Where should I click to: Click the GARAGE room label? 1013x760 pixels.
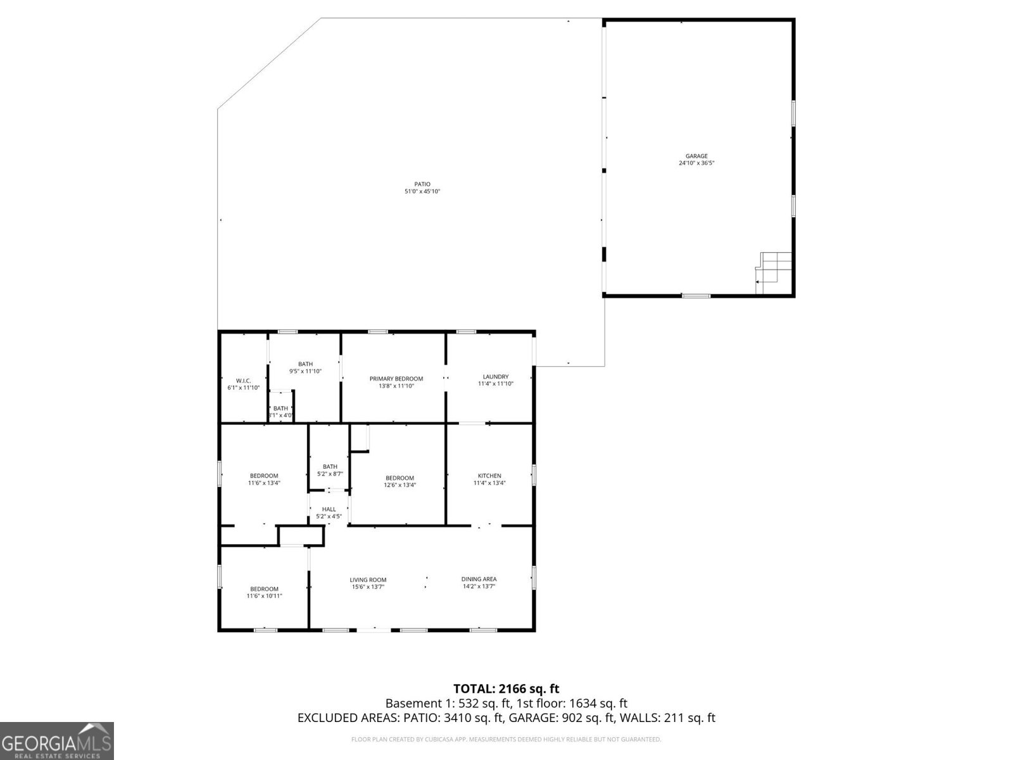click(696, 156)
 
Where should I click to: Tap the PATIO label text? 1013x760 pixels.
click(422, 184)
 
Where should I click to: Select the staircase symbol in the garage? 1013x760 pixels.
click(774, 272)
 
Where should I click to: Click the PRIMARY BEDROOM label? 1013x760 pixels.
click(396, 379)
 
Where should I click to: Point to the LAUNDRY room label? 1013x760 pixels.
click(496, 377)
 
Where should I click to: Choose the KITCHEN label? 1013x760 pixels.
click(489, 476)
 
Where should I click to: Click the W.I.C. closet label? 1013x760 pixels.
click(244, 381)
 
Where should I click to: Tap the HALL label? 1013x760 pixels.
click(329, 509)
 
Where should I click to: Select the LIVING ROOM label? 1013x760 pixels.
click(368, 579)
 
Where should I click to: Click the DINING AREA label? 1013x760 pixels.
click(479, 579)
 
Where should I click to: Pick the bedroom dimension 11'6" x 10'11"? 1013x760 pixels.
click(264, 596)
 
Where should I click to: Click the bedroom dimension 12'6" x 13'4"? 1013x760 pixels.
click(400, 485)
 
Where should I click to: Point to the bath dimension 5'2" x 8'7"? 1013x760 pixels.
click(330, 474)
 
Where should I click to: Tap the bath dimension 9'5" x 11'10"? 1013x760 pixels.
click(306, 371)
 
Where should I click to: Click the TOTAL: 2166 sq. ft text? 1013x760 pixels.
click(506, 688)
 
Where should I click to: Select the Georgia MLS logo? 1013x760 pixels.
click(57, 740)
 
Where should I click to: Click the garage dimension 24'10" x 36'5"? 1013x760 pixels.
click(696, 163)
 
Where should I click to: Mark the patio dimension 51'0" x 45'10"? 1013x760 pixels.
click(422, 191)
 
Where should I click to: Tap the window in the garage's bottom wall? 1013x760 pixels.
click(696, 296)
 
